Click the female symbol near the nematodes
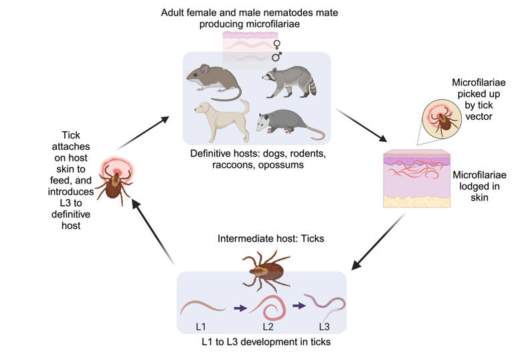(277, 45)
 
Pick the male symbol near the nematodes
(277, 58)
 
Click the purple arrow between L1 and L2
(239, 308)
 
